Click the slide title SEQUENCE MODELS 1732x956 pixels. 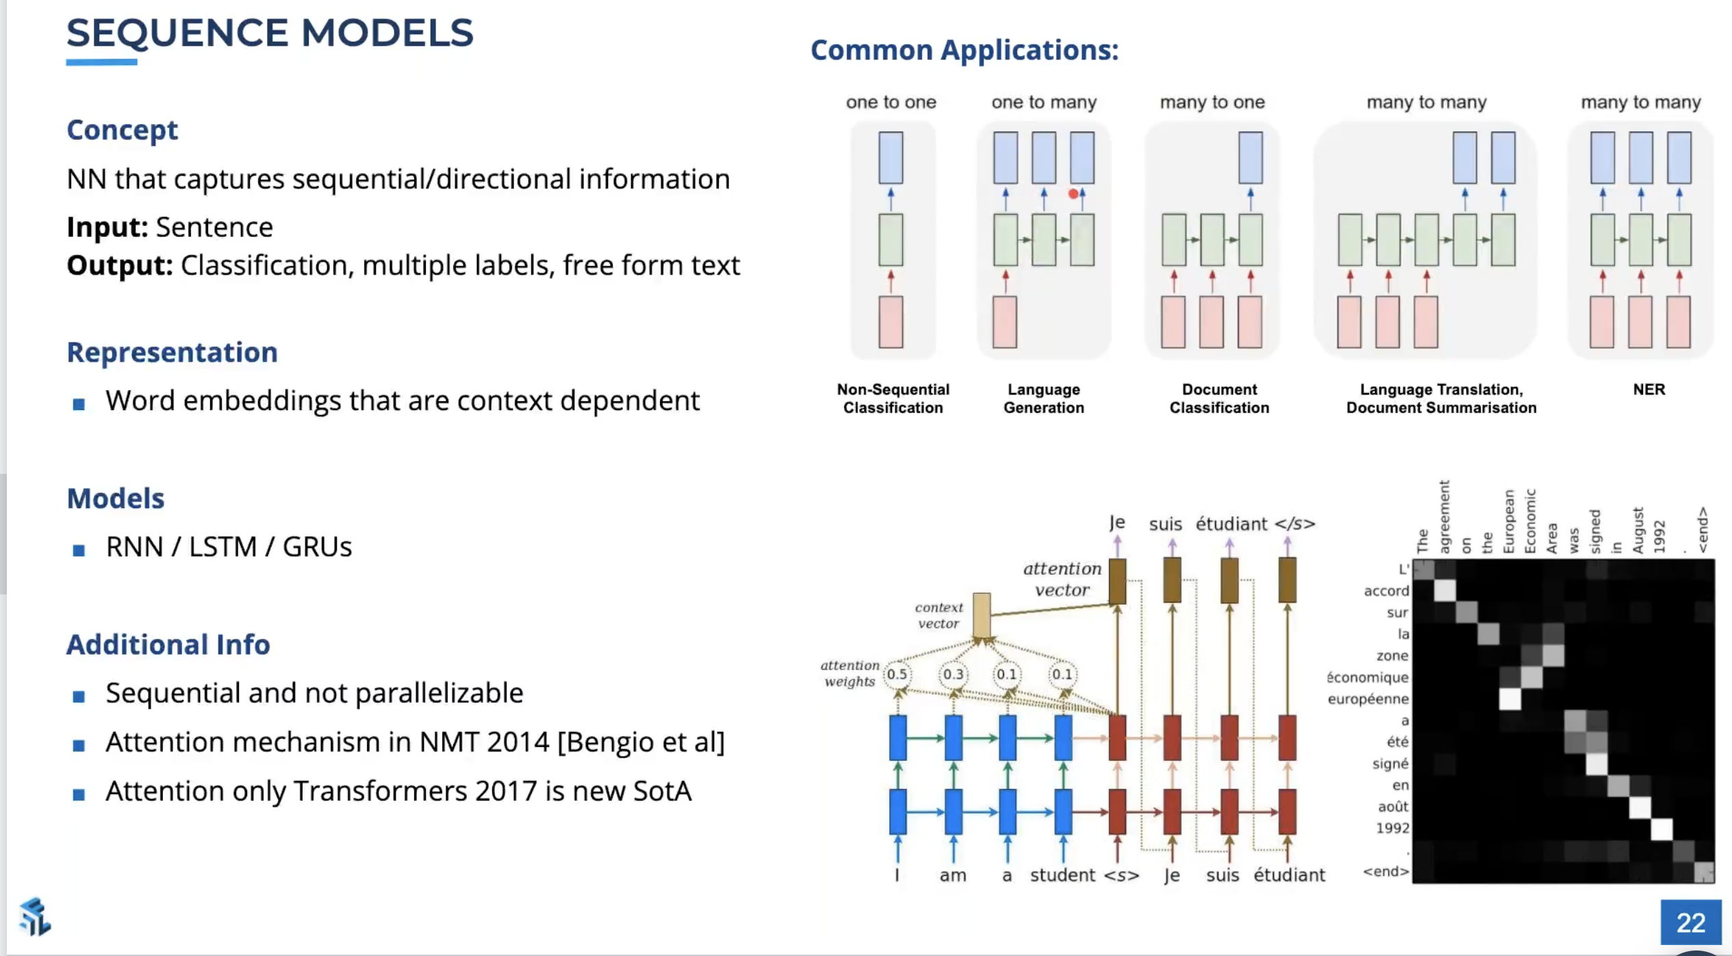(x=270, y=33)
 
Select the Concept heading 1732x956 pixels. (x=122, y=130)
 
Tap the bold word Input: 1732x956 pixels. (x=107, y=227)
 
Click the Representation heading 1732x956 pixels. (x=172, y=352)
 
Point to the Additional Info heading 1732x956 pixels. (x=168, y=644)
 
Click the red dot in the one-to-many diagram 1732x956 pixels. (x=1073, y=194)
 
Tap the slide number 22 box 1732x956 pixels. (x=1690, y=922)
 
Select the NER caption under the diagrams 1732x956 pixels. (x=1648, y=390)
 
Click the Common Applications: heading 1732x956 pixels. (x=964, y=50)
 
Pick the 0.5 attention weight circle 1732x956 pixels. (x=897, y=675)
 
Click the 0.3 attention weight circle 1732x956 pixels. (x=953, y=675)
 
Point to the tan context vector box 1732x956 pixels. (x=981, y=616)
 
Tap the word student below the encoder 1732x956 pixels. (x=1062, y=875)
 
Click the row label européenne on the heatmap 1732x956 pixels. (x=1368, y=699)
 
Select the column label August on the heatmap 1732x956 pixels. (x=1638, y=531)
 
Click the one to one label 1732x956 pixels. (x=891, y=103)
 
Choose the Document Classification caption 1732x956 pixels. (x=1219, y=399)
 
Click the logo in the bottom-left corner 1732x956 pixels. (x=34, y=916)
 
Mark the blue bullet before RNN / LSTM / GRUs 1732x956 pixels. (x=79, y=549)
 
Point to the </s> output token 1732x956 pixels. (x=1295, y=525)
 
